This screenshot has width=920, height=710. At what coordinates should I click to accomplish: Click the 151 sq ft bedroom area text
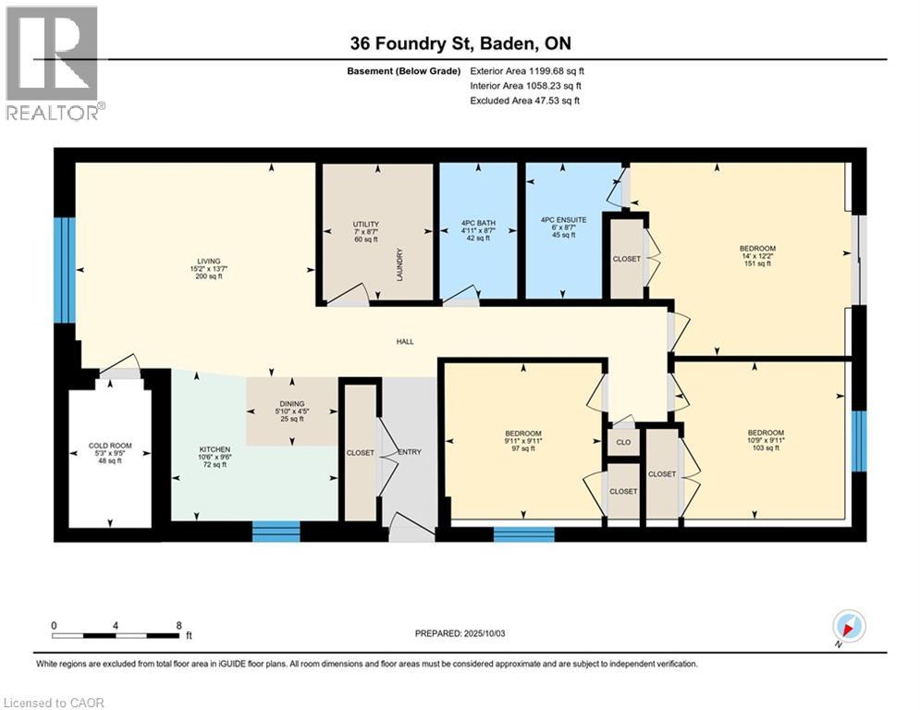click(x=756, y=264)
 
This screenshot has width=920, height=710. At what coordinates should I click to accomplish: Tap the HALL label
click(x=405, y=341)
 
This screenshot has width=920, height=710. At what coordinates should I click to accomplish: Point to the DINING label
click(x=291, y=402)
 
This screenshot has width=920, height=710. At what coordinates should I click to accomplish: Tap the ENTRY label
click(x=410, y=452)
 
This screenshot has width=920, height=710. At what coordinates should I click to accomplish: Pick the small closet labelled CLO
click(x=623, y=443)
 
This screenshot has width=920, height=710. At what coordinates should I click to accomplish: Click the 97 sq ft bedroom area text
click(x=522, y=449)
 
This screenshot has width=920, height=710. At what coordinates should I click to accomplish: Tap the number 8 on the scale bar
click(x=178, y=625)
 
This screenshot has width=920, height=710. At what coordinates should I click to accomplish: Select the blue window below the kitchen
click(x=276, y=531)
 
